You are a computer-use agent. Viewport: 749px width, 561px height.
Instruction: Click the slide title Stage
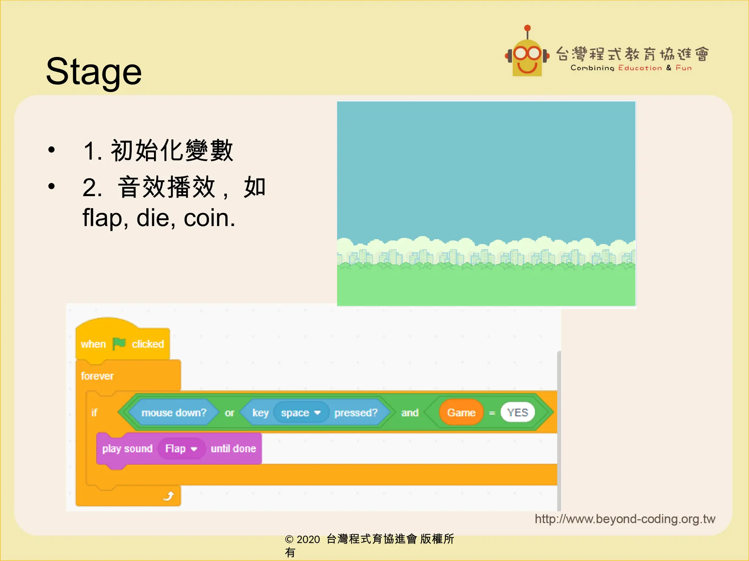94,72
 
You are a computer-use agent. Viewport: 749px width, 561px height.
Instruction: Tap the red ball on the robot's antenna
527,28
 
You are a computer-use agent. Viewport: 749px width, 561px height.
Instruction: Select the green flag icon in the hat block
119,344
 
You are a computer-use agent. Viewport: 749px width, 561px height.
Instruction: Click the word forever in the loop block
97,376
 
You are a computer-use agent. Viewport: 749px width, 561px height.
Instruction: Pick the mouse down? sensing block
174,413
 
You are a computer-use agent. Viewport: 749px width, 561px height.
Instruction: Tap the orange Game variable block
461,413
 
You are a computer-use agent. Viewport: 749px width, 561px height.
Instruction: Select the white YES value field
517,413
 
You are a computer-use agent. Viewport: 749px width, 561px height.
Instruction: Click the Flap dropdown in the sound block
181,449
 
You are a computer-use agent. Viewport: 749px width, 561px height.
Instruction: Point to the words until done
233,449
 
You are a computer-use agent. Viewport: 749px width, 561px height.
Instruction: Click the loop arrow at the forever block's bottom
168,496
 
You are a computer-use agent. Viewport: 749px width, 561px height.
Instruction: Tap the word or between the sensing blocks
229,413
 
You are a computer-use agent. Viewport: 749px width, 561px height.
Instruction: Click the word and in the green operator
410,413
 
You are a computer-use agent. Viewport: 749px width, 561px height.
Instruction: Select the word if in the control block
94,413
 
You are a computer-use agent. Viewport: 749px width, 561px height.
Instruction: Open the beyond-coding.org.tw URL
625,519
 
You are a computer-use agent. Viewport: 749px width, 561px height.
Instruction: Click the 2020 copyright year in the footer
308,539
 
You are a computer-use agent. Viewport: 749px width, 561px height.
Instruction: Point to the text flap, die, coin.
159,218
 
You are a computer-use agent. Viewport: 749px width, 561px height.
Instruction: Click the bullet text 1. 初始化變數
158,150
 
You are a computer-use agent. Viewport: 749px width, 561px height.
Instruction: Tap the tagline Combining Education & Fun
631,68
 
